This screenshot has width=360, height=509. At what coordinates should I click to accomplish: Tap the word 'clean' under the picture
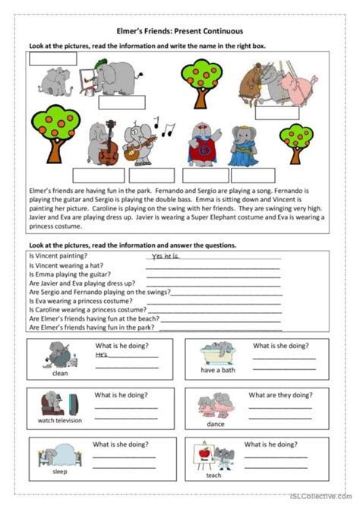coord(60,374)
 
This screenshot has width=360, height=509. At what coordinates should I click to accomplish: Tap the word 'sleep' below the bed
coord(59,470)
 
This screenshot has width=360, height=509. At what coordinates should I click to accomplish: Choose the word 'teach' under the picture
coord(214,476)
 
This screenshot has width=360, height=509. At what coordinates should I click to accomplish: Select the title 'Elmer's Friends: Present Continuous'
coord(180,30)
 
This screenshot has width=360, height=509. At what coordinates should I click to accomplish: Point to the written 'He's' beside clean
coord(102,354)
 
